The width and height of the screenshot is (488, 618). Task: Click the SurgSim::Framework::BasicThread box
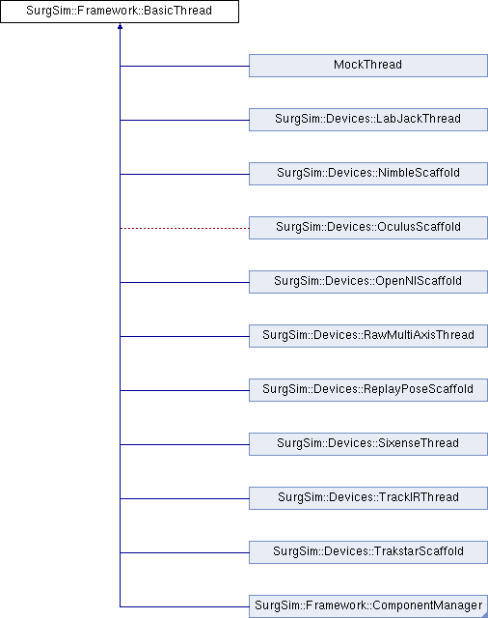tap(120, 12)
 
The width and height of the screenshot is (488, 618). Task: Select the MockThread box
tap(368, 66)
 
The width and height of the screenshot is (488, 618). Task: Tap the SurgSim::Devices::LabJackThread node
tap(368, 120)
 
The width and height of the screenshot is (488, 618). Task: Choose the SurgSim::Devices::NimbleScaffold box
tap(368, 174)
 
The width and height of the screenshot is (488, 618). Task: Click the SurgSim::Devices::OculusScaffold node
tap(368, 228)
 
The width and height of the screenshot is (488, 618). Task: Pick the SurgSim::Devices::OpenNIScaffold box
tap(368, 282)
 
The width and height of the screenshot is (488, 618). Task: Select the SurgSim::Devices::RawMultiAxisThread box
tap(368, 336)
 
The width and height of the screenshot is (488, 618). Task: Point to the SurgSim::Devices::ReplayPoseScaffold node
tap(368, 390)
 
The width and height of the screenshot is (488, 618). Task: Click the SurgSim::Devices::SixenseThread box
tap(368, 444)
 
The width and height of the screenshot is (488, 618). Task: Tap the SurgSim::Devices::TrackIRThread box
tap(368, 498)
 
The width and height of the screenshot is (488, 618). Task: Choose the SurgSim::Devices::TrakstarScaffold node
tap(368, 551)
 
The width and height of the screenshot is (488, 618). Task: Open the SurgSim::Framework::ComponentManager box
tap(368, 606)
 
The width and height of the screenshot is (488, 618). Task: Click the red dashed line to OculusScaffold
tap(184, 228)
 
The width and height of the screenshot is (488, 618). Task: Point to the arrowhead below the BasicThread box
tap(120, 26)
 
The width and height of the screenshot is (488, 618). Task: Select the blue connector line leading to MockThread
tap(184, 66)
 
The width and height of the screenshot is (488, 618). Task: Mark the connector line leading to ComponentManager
tap(184, 606)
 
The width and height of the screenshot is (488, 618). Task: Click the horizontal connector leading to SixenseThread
tap(184, 444)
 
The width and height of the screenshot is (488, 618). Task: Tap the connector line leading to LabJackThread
tap(184, 120)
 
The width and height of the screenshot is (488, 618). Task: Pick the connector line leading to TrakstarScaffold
tap(184, 552)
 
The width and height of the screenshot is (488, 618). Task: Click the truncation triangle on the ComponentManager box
tap(485, 615)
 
